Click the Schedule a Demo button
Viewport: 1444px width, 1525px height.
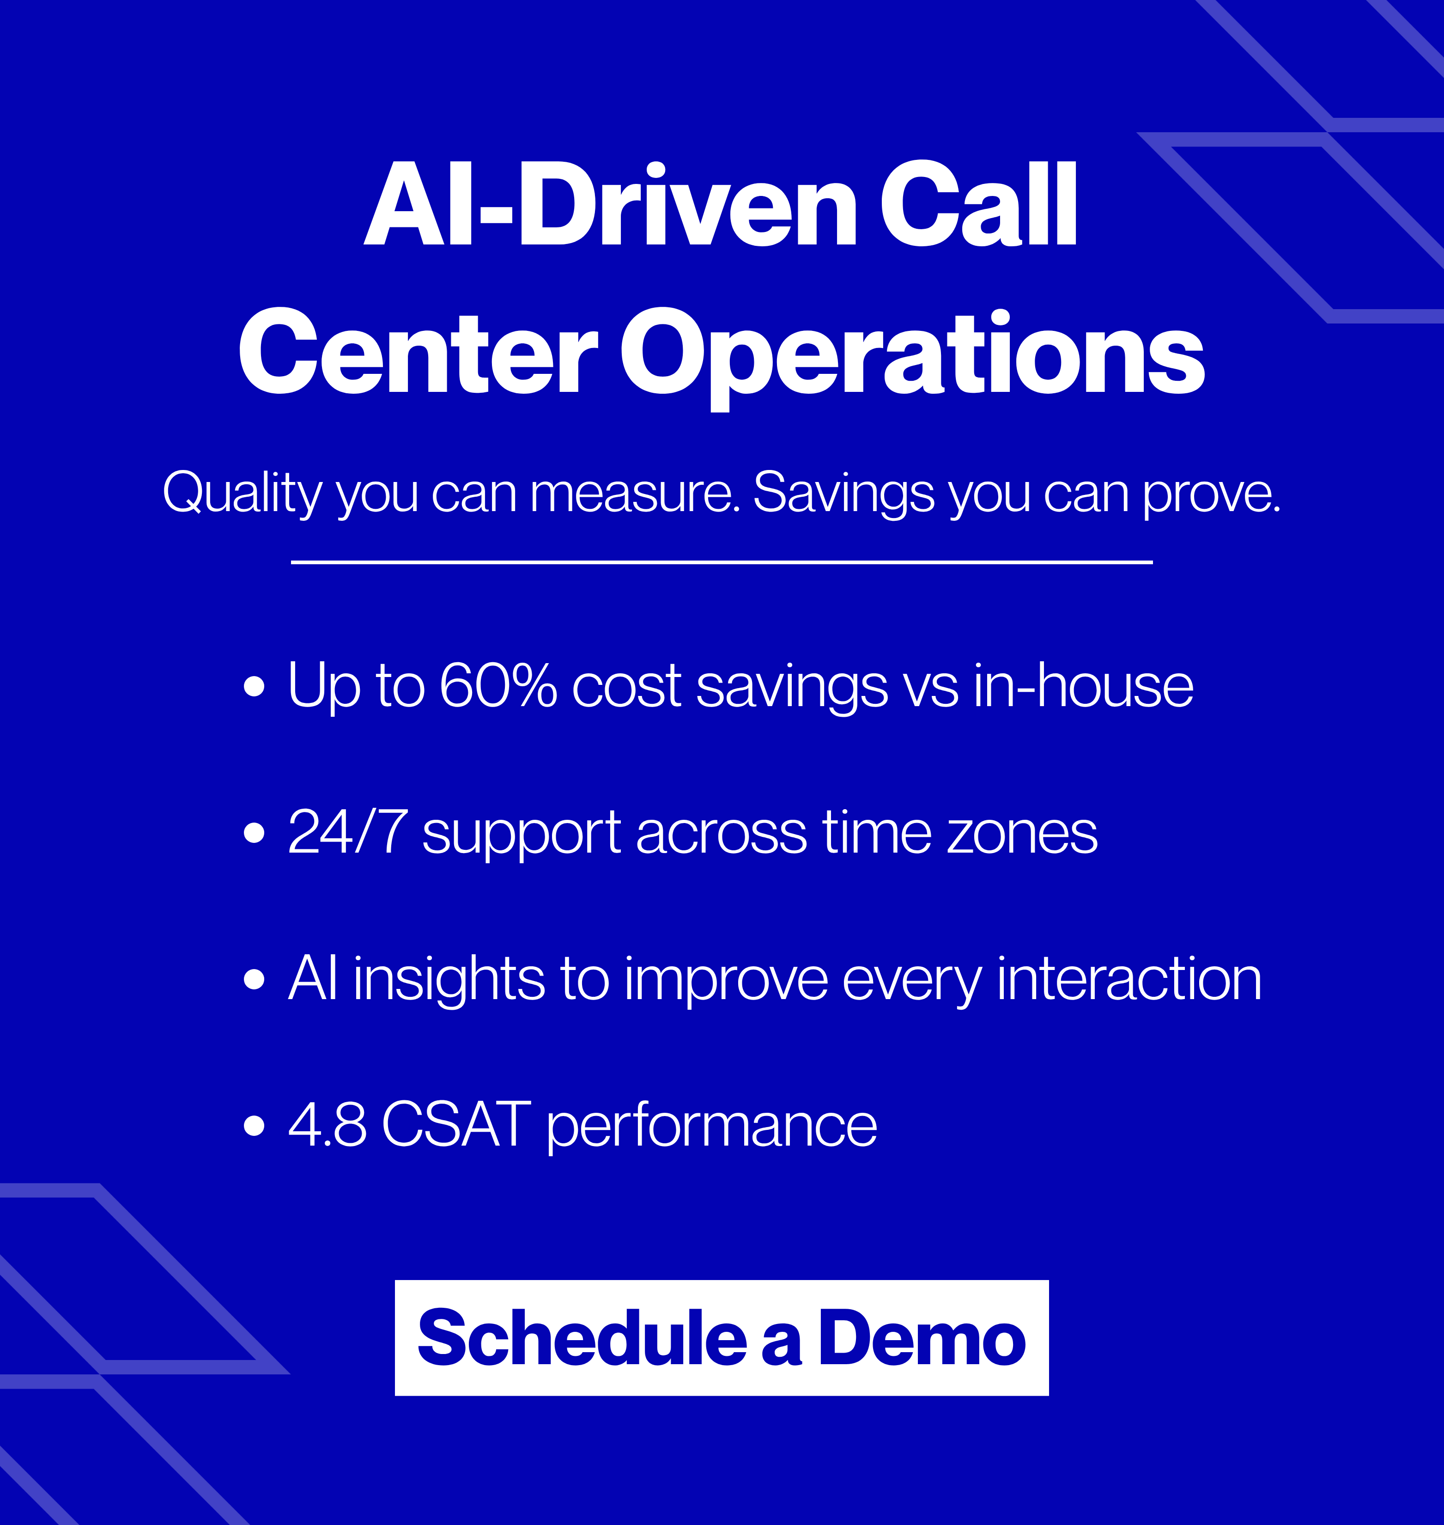[x=721, y=1339]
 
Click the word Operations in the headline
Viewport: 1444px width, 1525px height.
[x=912, y=353]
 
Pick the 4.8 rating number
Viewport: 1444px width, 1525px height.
[x=327, y=1124]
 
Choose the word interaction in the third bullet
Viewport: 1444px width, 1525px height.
[x=1129, y=978]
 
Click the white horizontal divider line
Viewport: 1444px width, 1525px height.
[x=721, y=562]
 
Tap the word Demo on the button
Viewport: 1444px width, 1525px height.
[x=922, y=1339]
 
